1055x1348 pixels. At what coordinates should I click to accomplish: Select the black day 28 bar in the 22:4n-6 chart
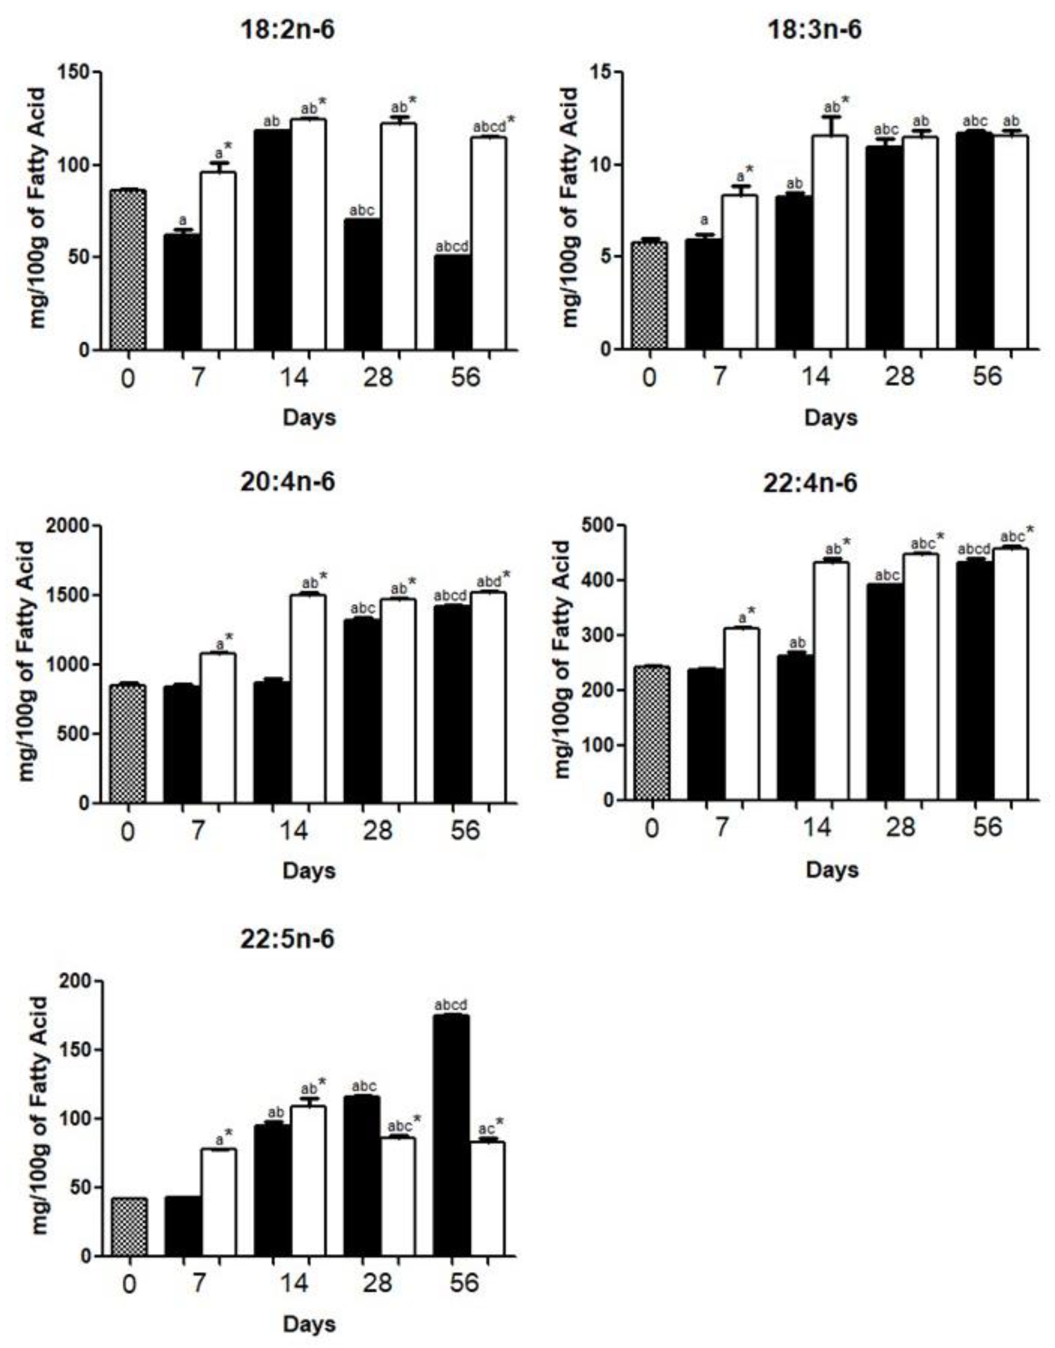click(884, 692)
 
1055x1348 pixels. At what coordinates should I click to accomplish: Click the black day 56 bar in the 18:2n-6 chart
click(452, 303)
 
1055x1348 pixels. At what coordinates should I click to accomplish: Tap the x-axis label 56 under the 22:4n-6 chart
click(987, 826)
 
